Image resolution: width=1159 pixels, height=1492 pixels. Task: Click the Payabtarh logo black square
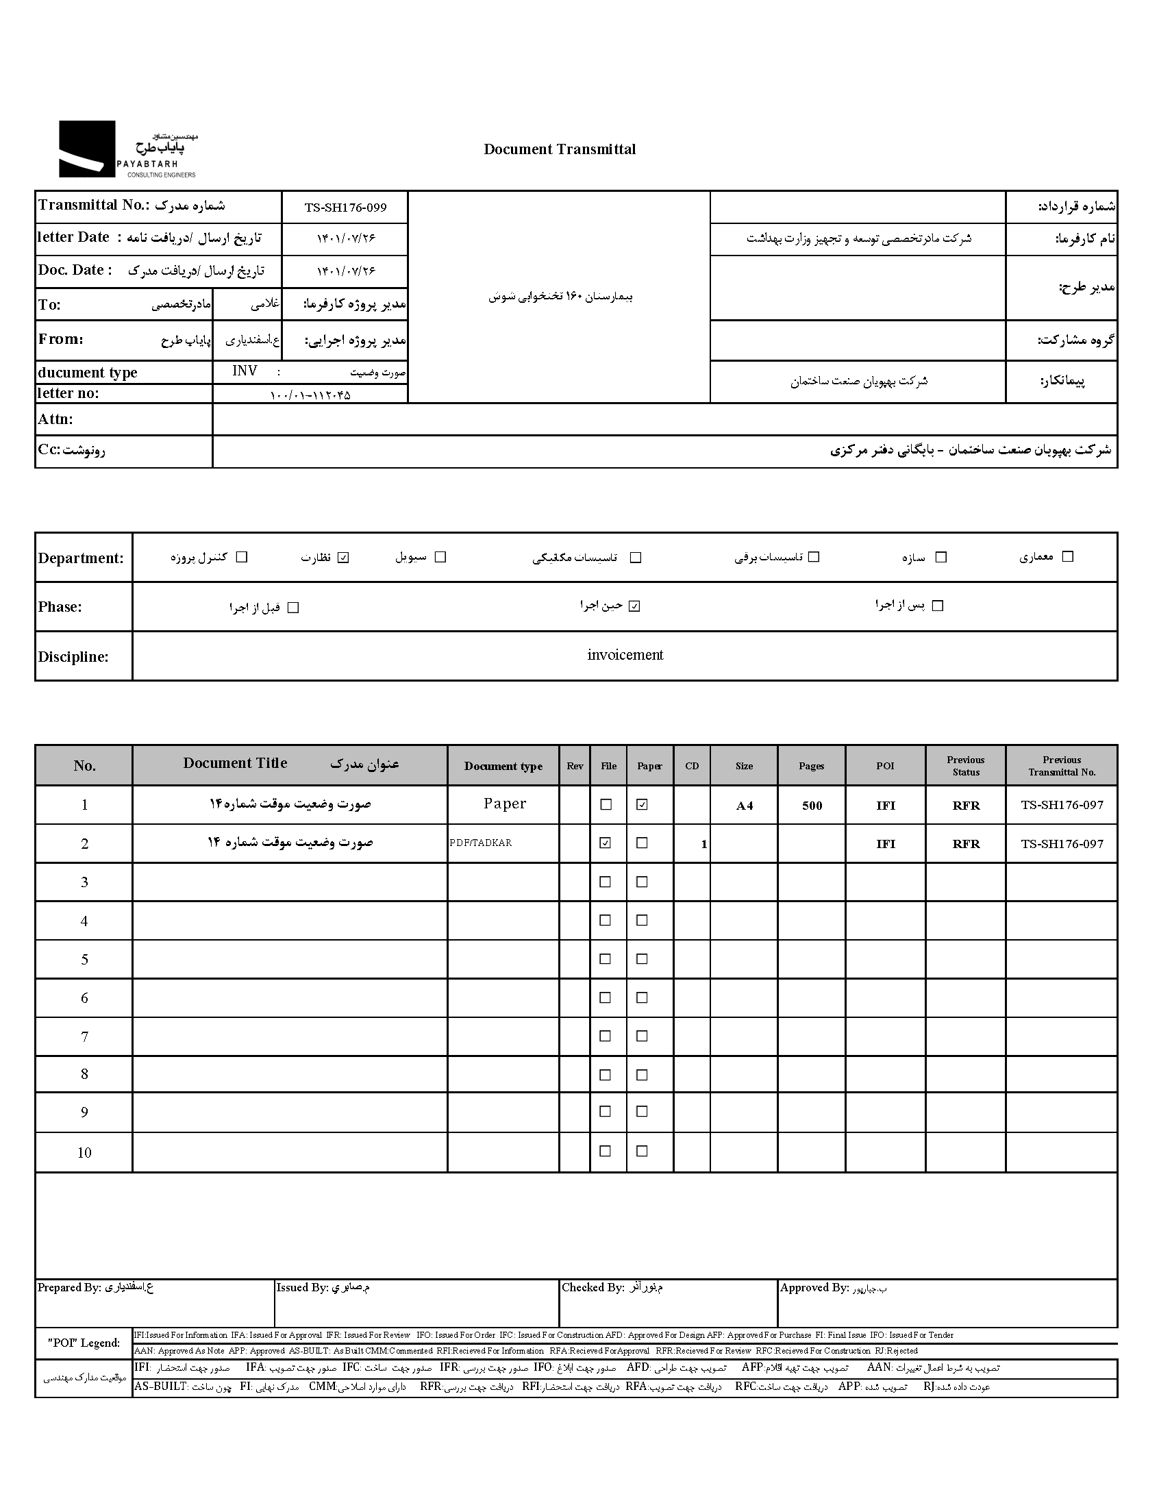pyautogui.click(x=87, y=149)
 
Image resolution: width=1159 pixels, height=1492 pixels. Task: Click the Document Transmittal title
pyautogui.click(x=559, y=149)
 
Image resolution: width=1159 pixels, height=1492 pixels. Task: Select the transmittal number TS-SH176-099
pyautogui.click(x=345, y=208)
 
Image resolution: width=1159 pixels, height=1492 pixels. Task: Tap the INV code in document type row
pyautogui.click(x=245, y=371)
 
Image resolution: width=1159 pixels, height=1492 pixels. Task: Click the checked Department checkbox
pyautogui.click(x=344, y=558)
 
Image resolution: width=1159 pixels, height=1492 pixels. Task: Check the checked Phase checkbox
pyautogui.click(x=634, y=606)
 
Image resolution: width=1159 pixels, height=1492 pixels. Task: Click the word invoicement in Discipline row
pyautogui.click(x=625, y=655)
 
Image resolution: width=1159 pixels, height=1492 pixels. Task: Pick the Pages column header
pyautogui.click(x=811, y=766)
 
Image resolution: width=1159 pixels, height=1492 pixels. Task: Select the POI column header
pyautogui.click(x=885, y=766)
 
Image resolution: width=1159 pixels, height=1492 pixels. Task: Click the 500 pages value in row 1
pyautogui.click(x=812, y=806)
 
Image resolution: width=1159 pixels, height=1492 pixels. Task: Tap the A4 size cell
pyautogui.click(x=744, y=806)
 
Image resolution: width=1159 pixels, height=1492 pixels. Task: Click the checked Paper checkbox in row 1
pyautogui.click(x=642, y=805)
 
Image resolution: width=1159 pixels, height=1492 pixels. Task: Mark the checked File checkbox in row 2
pyautogui.click(x=606, y=843)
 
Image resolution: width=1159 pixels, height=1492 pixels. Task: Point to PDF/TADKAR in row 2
pyautogui.click(x=481, y=843)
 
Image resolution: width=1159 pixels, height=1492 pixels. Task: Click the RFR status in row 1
pyautogui.click(x=966, y=806)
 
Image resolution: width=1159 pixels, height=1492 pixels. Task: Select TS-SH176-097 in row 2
pyautogui.click(x=1062, y=844)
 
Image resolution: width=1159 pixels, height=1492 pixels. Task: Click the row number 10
pyautogui.click(x=84, y=1152)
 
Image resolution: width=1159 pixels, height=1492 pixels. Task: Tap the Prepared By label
pyautogui.click(x=69, y=1288)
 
